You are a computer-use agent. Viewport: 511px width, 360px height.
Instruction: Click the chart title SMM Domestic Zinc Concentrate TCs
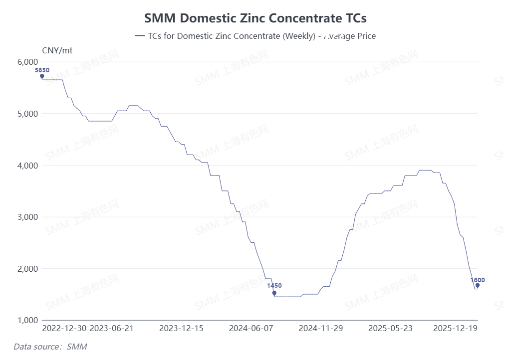255,18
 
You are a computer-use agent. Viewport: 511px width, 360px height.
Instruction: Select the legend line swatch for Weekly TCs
140,36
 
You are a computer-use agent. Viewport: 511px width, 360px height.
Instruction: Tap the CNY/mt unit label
57,50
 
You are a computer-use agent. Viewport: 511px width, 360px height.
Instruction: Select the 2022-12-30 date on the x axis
64,329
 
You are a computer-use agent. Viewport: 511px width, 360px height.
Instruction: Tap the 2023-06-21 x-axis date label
111,329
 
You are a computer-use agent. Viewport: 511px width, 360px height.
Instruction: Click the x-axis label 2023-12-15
181,329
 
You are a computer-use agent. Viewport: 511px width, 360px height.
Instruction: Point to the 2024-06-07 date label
251,329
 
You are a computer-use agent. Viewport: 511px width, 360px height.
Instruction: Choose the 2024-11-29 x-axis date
320,329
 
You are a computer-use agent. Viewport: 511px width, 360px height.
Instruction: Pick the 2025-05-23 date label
390,329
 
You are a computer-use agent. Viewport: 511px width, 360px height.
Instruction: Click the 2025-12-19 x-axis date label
455,329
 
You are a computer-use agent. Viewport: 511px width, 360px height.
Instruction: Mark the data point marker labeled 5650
42,76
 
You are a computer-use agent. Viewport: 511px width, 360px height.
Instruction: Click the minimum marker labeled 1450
274,293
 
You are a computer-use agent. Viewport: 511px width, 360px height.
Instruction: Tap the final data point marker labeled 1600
477,286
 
